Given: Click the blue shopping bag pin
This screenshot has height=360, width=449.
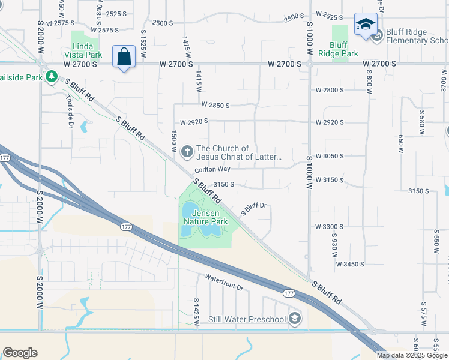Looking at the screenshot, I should pos(124,58).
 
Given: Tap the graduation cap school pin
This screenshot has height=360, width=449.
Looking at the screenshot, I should pos(364,25).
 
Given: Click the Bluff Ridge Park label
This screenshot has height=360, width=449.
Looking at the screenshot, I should pos(339,49).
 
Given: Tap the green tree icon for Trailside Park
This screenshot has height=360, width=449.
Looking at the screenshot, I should pos(52,76).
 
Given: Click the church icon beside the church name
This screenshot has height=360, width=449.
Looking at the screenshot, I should pos(187,152).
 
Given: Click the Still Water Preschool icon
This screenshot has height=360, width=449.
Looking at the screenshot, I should pos(294,319).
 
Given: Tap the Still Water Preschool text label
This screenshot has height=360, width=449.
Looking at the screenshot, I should pos(247,319).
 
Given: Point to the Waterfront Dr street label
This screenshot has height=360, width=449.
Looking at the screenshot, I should pos(224,282).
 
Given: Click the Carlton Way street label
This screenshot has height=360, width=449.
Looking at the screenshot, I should pos(212,170).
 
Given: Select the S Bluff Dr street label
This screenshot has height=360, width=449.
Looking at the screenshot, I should pos(253,209).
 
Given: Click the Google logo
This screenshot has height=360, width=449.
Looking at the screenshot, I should pos(20,353).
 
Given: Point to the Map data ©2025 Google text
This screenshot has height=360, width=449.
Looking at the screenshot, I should pos(412,355).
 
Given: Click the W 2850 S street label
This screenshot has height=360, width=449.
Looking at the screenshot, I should pos(215,105).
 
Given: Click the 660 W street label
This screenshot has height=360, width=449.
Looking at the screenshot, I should pos(400,143).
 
